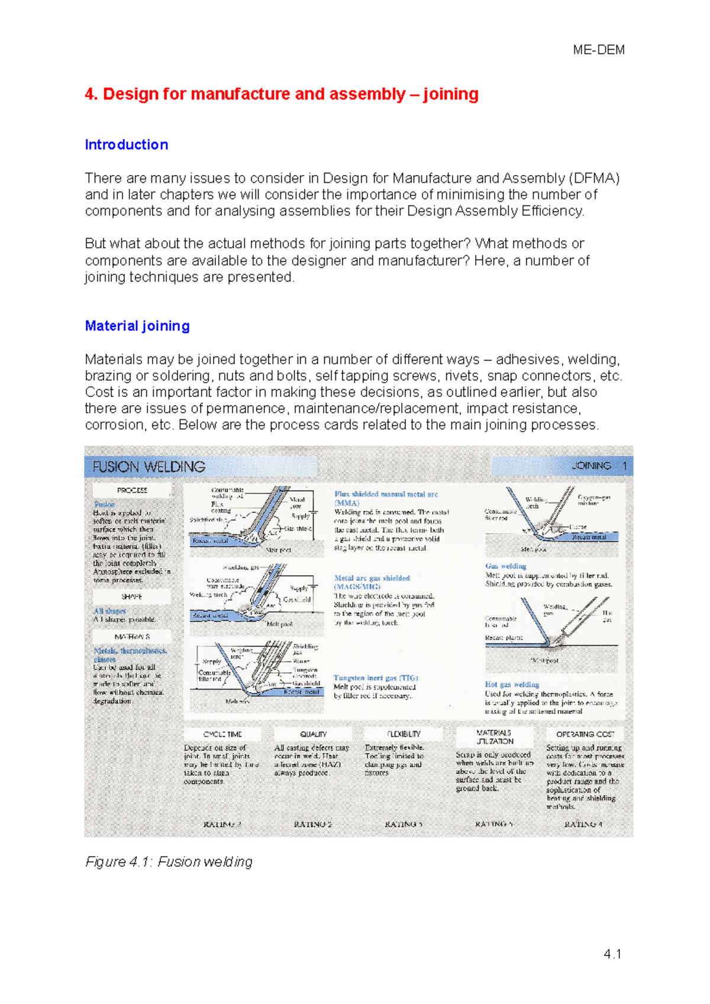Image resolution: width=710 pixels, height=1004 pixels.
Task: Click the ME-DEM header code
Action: (598, 50)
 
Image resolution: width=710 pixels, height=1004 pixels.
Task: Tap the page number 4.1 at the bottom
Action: (612, 954)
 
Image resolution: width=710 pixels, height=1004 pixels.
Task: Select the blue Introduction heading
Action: (126, 145)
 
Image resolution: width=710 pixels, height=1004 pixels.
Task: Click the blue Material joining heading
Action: (137, 326)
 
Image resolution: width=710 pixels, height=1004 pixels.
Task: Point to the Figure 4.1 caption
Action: (169, 862)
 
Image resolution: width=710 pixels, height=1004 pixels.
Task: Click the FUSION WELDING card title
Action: (149, 467)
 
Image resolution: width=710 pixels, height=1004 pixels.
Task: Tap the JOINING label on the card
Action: (591, 466)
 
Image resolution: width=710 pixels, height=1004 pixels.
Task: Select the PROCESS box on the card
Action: (132, 490)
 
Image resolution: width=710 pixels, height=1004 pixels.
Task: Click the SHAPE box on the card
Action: (131, 597)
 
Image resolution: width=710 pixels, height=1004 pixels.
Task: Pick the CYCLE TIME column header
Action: (222, 734)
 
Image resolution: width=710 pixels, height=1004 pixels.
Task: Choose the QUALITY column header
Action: (313, 734)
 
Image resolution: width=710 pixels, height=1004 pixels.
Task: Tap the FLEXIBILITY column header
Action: (404, 734)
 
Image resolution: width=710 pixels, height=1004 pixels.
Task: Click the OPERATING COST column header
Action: (585, 734)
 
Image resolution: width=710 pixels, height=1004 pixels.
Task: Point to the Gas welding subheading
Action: (505, 566)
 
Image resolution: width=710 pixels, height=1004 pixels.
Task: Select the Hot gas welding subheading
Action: (512, 685)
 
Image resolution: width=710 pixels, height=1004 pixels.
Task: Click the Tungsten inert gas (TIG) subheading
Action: (376, 678)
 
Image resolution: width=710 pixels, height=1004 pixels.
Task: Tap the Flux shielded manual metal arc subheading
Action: (386, 494)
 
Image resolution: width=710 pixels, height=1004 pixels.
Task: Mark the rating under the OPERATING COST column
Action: (583, 824)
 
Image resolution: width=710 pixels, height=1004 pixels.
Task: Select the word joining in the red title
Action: (450, 95)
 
